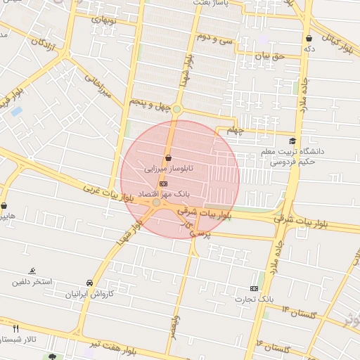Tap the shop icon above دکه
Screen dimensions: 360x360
tap(309, 38)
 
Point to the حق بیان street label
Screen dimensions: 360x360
tap(270, 55)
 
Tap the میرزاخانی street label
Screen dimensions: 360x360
tap(98, 86)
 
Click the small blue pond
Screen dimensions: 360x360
tap(16, 111)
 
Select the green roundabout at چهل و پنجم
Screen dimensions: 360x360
tap(177, 108)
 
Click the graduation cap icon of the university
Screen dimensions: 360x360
tap(292, 141)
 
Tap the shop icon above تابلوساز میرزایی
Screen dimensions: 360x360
tap(167, 157)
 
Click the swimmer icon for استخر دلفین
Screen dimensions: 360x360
tap(32, 271)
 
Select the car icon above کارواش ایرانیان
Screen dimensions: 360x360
tap(89, 283)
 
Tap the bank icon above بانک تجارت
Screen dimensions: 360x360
tap(254, 288)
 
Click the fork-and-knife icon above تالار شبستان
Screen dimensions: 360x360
tap(15, 328)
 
